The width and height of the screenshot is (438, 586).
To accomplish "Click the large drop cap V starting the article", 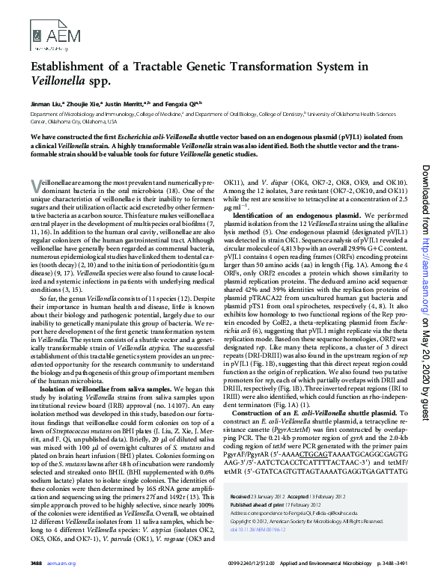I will point(37,186).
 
